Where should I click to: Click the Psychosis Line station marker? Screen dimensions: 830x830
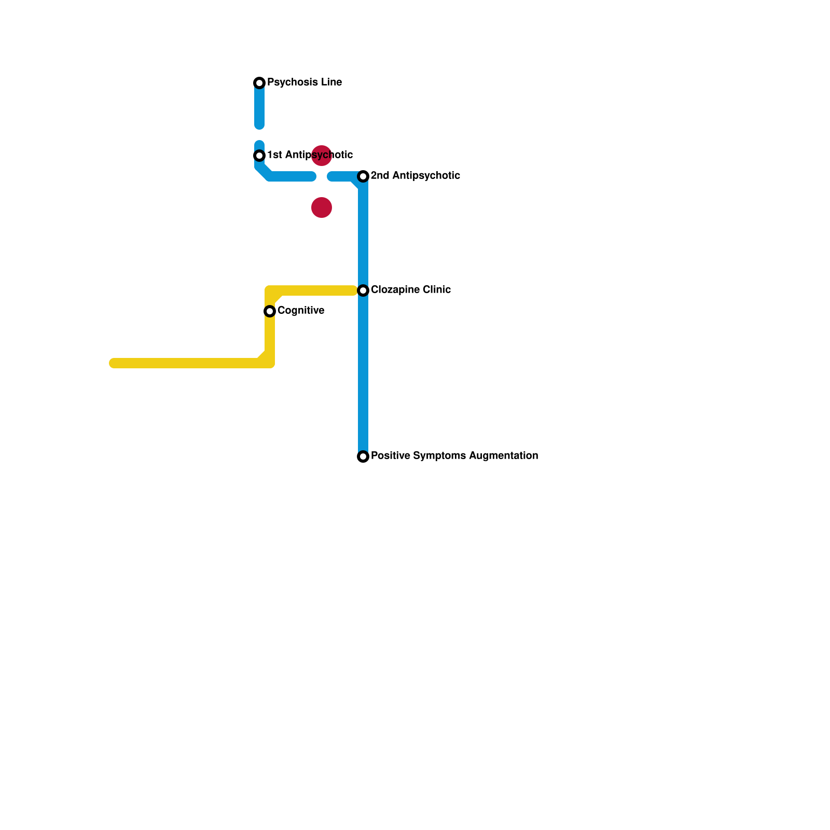(259, 83)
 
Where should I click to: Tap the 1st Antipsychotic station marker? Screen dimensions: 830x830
(259, 156)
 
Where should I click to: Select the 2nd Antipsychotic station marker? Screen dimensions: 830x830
(363, 176)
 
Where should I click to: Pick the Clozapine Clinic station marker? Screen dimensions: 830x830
(363, 290)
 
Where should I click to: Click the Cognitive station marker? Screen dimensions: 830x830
(270, 311)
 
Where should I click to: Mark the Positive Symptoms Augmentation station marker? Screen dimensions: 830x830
(363, 457)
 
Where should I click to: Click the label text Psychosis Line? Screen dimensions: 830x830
(304, 82)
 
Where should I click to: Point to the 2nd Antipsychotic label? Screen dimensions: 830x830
(415, 176)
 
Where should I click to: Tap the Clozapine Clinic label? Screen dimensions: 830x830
(410, 290)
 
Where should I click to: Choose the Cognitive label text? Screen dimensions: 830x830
(301, 311)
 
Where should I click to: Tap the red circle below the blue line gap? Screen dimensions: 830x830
(322, 208)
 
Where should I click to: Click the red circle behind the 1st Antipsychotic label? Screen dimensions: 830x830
(322, 156)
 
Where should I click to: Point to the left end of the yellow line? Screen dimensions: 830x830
(114, 363)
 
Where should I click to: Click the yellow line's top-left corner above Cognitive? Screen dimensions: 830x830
(270, 291)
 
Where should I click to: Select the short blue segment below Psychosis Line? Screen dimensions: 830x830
(259, 106)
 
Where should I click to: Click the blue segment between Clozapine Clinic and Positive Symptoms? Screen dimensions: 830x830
(363, 374)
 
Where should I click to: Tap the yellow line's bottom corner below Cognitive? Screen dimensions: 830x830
(269, 363)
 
